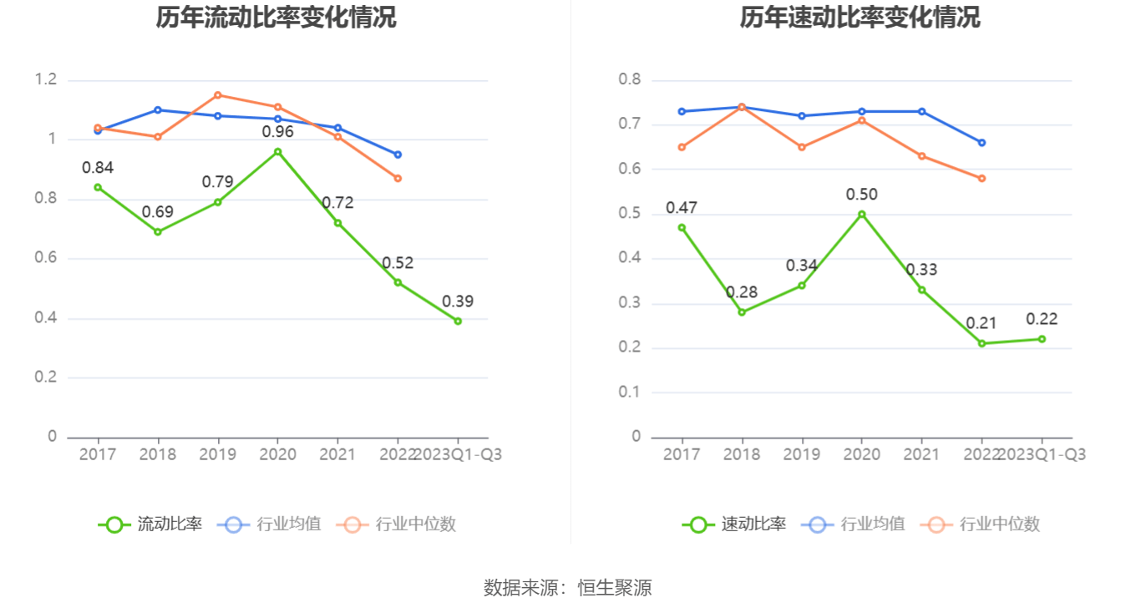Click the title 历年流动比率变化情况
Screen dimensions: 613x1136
276,18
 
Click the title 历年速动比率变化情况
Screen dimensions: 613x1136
860,18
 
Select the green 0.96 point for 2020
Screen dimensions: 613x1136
277,152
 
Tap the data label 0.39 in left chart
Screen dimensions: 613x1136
458,301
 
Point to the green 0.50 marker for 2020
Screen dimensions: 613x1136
862,214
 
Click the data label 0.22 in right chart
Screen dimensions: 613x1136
1042,319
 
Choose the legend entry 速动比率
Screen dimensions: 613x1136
735,524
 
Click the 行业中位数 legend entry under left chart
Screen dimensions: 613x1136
398,524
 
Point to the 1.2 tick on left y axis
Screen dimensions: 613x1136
46,80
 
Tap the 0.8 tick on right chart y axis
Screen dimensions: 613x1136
630,80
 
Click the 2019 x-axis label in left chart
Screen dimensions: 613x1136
217,454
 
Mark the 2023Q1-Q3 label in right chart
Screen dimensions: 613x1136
1042,454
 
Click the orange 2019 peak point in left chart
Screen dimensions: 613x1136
217,95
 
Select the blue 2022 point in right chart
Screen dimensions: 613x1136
982,143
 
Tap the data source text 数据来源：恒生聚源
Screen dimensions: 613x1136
568,588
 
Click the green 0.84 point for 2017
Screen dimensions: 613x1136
98,187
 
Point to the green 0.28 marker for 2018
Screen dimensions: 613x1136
742,312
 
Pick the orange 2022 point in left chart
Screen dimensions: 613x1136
398,178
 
